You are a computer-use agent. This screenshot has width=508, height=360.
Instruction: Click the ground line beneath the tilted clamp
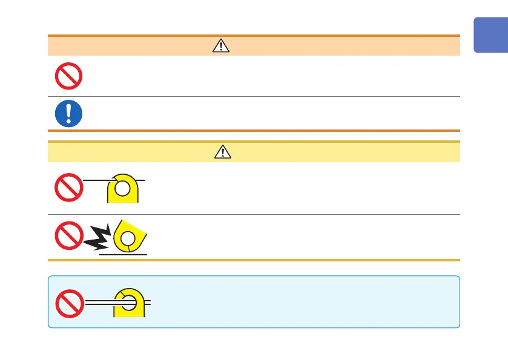coord(124,255)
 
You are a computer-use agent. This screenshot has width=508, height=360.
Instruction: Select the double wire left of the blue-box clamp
coord(99,301)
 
